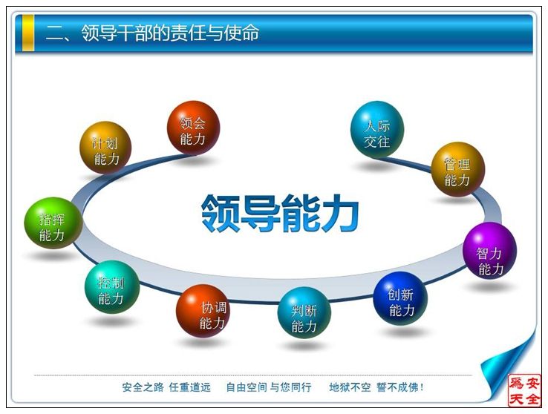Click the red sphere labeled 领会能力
pyautogui.click(x=193, y=128)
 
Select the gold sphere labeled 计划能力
pyautogui.click(x=105, y=148)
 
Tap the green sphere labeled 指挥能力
pyautogui.click(x=53, y=223)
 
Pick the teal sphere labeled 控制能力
pyautogui.click(x=112, y=287)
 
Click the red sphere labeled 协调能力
pyautogui.click(x=203, y=311)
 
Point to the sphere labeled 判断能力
pyautogui.click(x=304, y=313)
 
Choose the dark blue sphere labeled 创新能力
pyautogui.click(x=400, y=298)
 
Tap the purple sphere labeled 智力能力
pyautogui.click(x=489, y=250)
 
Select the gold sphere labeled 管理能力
pyautogui.click(x=458, y=169)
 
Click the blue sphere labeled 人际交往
pyautogui.click(x=377, y=129)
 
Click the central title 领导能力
pyautogui.click(x=280, y=213)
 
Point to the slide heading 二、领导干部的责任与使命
pyautogui.click(x=152, y=33)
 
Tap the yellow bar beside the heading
pyautogui.click(x=28, y=33)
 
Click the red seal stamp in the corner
pyautogui.click(x=524, y=390)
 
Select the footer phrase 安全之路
pyautogui.click(x=143, y=387)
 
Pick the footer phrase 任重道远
pyautogui.click(x=190, y=387)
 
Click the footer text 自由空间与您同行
pyautogui.click(x=269, y=387)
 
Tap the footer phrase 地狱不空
pyautogui.click(x=350, y=387)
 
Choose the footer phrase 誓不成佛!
pyautogui.click(x=400, y=387)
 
